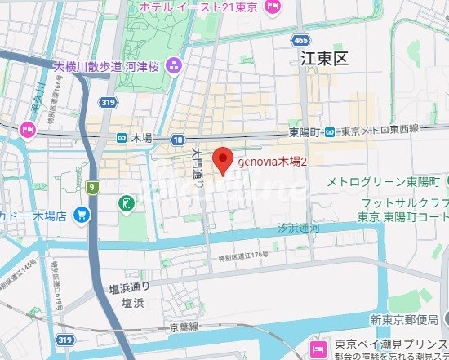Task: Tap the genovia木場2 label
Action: tap(271, 162)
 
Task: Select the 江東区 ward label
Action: tap(324, 59)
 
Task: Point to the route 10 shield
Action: tap(178, 140)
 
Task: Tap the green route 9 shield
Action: tap(93, 189)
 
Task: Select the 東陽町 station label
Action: tap(306, 131)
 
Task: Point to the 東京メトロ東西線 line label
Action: tap(379, 130)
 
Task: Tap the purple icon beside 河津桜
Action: tap(172, 65)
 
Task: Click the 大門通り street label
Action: tap(198, 167)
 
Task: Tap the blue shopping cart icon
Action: tap(82, 215)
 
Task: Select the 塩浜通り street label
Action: tap(129, 287)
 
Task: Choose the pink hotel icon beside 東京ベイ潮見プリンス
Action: tap(314, 346)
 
